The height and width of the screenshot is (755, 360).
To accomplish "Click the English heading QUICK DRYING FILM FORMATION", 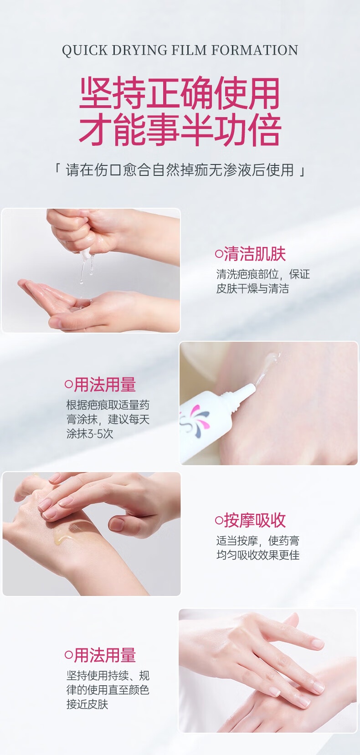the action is click(x=180, y=50).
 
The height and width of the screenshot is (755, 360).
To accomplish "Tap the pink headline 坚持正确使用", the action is click(x=180, y=92).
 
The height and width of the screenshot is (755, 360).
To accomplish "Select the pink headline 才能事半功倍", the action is click(x=180, y=129).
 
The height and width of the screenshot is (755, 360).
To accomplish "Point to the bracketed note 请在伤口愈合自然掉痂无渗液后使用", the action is click(x=180, y=170).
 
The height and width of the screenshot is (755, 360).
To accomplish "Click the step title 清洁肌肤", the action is click(x=255, y=254).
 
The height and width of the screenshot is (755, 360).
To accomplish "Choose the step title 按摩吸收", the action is click(x=255, y=520).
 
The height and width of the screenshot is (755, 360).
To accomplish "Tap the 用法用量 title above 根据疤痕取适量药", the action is click(x=105, y=385).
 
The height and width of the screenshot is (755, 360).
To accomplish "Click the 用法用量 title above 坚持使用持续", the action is click(x=105, y=655).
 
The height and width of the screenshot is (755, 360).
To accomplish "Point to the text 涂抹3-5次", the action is click(x=90, y=433).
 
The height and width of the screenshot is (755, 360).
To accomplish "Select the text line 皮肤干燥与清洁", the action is click(x=252, y=288).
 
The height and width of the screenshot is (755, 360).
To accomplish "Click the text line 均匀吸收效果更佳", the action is click(x=258, y=555).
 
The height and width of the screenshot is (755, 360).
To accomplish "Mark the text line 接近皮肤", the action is click(x=87, y=704).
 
